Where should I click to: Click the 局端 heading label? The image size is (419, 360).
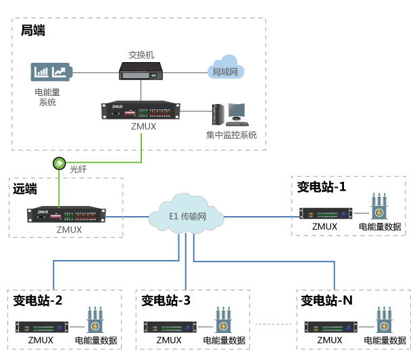[x=33, y=30]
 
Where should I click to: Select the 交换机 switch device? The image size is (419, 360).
[x=142, y=70]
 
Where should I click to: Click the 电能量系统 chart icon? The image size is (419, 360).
[x=53, y=72]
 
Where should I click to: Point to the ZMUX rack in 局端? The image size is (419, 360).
[x=142, y=111]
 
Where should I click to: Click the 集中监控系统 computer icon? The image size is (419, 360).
[x=229, y=114]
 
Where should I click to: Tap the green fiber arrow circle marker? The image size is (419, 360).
[x=59, y=163]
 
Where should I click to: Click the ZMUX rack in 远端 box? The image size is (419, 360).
[x=68, y=215]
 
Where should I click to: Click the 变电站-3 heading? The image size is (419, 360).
[x=166, y=300]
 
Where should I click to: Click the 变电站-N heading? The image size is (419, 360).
[x=326, y=300]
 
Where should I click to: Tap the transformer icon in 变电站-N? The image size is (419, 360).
[x=384, y=320]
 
